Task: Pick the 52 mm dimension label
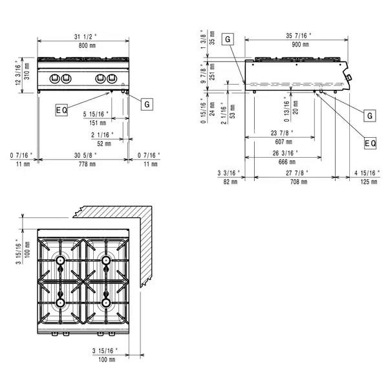(103, 144)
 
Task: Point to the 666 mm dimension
(283, 162)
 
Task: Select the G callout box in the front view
(147, 103)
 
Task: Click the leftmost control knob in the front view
(56, 79)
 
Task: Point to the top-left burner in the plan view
(60, 261)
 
